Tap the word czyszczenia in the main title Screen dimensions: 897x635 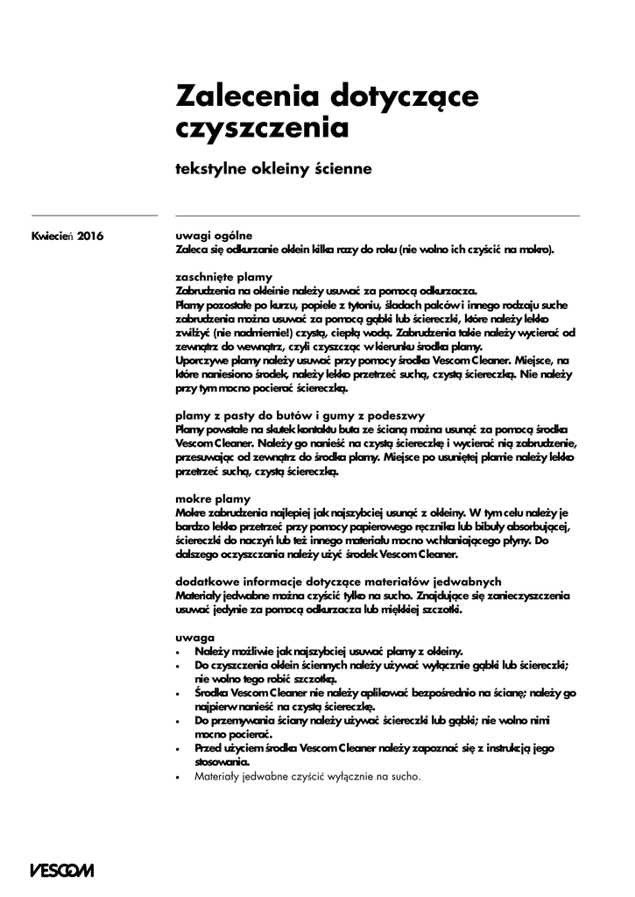click(x=263, y=127)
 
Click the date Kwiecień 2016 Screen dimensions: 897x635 click(x=67, y=236)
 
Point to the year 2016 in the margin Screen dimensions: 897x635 click(x=90, y=236)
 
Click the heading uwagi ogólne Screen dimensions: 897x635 click(x=214, y=236)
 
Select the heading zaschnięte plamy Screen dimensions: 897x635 click(x=224, y=277)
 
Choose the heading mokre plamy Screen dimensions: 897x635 click(x=213, y=498)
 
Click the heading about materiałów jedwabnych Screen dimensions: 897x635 click(x=338, y=583)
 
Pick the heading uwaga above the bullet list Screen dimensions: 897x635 click(x=195, y=639)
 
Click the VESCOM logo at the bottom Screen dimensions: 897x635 click(x=61, y=871)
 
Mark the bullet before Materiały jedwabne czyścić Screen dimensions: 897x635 click(x=178, y=778)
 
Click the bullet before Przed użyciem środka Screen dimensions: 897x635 click(x=178, y=749)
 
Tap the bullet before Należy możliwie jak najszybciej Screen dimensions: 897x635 click(x=178, y=652)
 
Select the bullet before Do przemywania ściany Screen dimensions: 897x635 click(x=178, y=721)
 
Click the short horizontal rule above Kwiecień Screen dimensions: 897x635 click(x=94, y=215)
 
